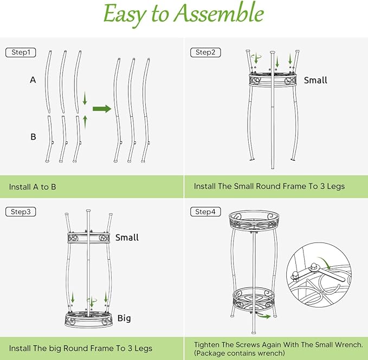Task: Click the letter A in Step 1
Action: [33, 80]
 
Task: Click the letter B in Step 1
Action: [33, 137]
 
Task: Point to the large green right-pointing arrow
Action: [101, 109]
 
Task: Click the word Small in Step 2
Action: [315, 80]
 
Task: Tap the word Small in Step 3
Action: [127, 238]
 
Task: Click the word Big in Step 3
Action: [124, 318]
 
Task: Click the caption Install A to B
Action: [33, 187]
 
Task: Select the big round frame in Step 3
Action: [89, 319]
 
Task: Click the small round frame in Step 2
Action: [272, 79]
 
